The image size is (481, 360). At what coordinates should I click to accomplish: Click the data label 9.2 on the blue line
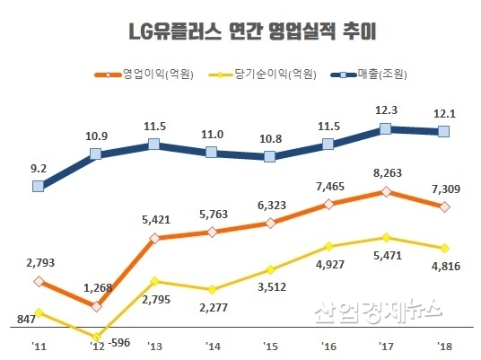point(38,166)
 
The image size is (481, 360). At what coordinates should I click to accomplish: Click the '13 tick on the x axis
point(153,345)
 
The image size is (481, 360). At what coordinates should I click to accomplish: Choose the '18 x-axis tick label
point(443,345)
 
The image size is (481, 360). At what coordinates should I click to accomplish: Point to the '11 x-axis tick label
point(38,345)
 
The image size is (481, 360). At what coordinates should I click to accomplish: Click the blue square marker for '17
point(386,129)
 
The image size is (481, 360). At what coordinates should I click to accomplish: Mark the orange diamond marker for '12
point(96,306)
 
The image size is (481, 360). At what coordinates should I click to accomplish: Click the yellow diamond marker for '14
point(212,290)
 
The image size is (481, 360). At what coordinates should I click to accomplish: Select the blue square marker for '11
point(38,187)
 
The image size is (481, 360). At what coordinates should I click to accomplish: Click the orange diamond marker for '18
point(443,207)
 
